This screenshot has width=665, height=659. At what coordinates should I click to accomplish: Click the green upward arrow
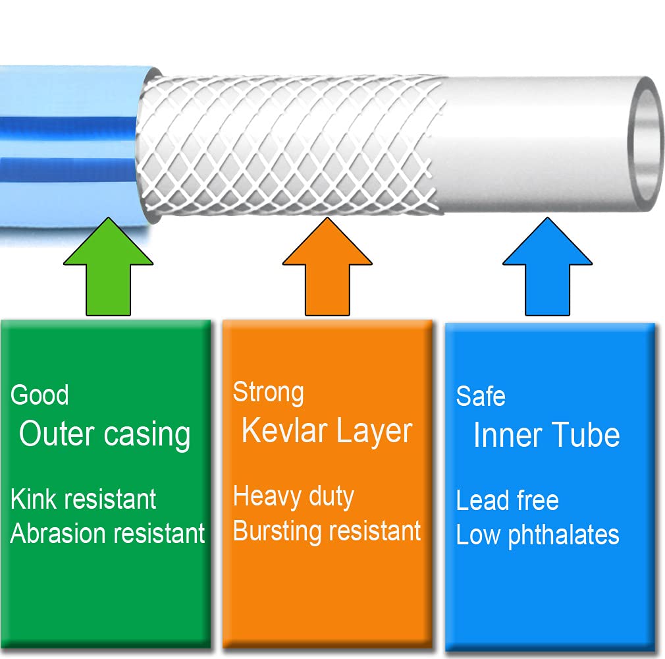[x=108, y=272]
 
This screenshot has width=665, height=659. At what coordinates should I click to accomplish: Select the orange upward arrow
[x=327, y=272]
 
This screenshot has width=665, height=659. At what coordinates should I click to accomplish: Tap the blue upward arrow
[x=548, y=272]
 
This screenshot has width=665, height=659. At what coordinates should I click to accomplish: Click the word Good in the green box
[x=40, y=395]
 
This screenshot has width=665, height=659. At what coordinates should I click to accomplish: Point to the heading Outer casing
[x=105, y=434]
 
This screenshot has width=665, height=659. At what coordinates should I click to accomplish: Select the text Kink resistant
[x=83, y=499]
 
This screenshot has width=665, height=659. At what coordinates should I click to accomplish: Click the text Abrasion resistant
[x=107, y=533]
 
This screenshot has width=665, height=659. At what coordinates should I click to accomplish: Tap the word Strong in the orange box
[x=269, y=393]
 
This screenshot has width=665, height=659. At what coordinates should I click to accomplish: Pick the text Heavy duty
[x=294, y=498]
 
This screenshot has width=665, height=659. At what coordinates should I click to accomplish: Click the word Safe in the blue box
[x=481, y=396]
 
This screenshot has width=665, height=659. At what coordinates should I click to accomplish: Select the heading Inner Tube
[x=546, y=435]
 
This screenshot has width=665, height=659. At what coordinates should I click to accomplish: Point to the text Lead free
[x=507, y=500]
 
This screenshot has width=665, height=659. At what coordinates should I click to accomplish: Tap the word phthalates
[x=564, y=535]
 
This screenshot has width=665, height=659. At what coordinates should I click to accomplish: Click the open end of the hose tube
[x=645, y=144]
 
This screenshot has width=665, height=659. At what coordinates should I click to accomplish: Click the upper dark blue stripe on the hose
[x=68, y=126]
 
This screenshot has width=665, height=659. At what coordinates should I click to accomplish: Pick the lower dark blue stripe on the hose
[x=68, y=168]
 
